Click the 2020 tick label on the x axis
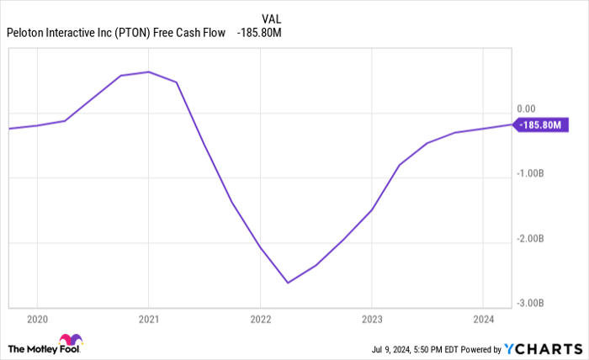click(37, 319)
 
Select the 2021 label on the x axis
click(148, 319)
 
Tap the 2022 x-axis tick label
click(260, 319)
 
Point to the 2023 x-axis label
click(371, 319)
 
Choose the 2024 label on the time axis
click(482, 319)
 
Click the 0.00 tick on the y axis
click(526, 109)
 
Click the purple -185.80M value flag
click(544, 125)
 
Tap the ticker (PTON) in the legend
click(130, 34)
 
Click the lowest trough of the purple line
click(288, 283)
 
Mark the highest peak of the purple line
click(149, 71)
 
